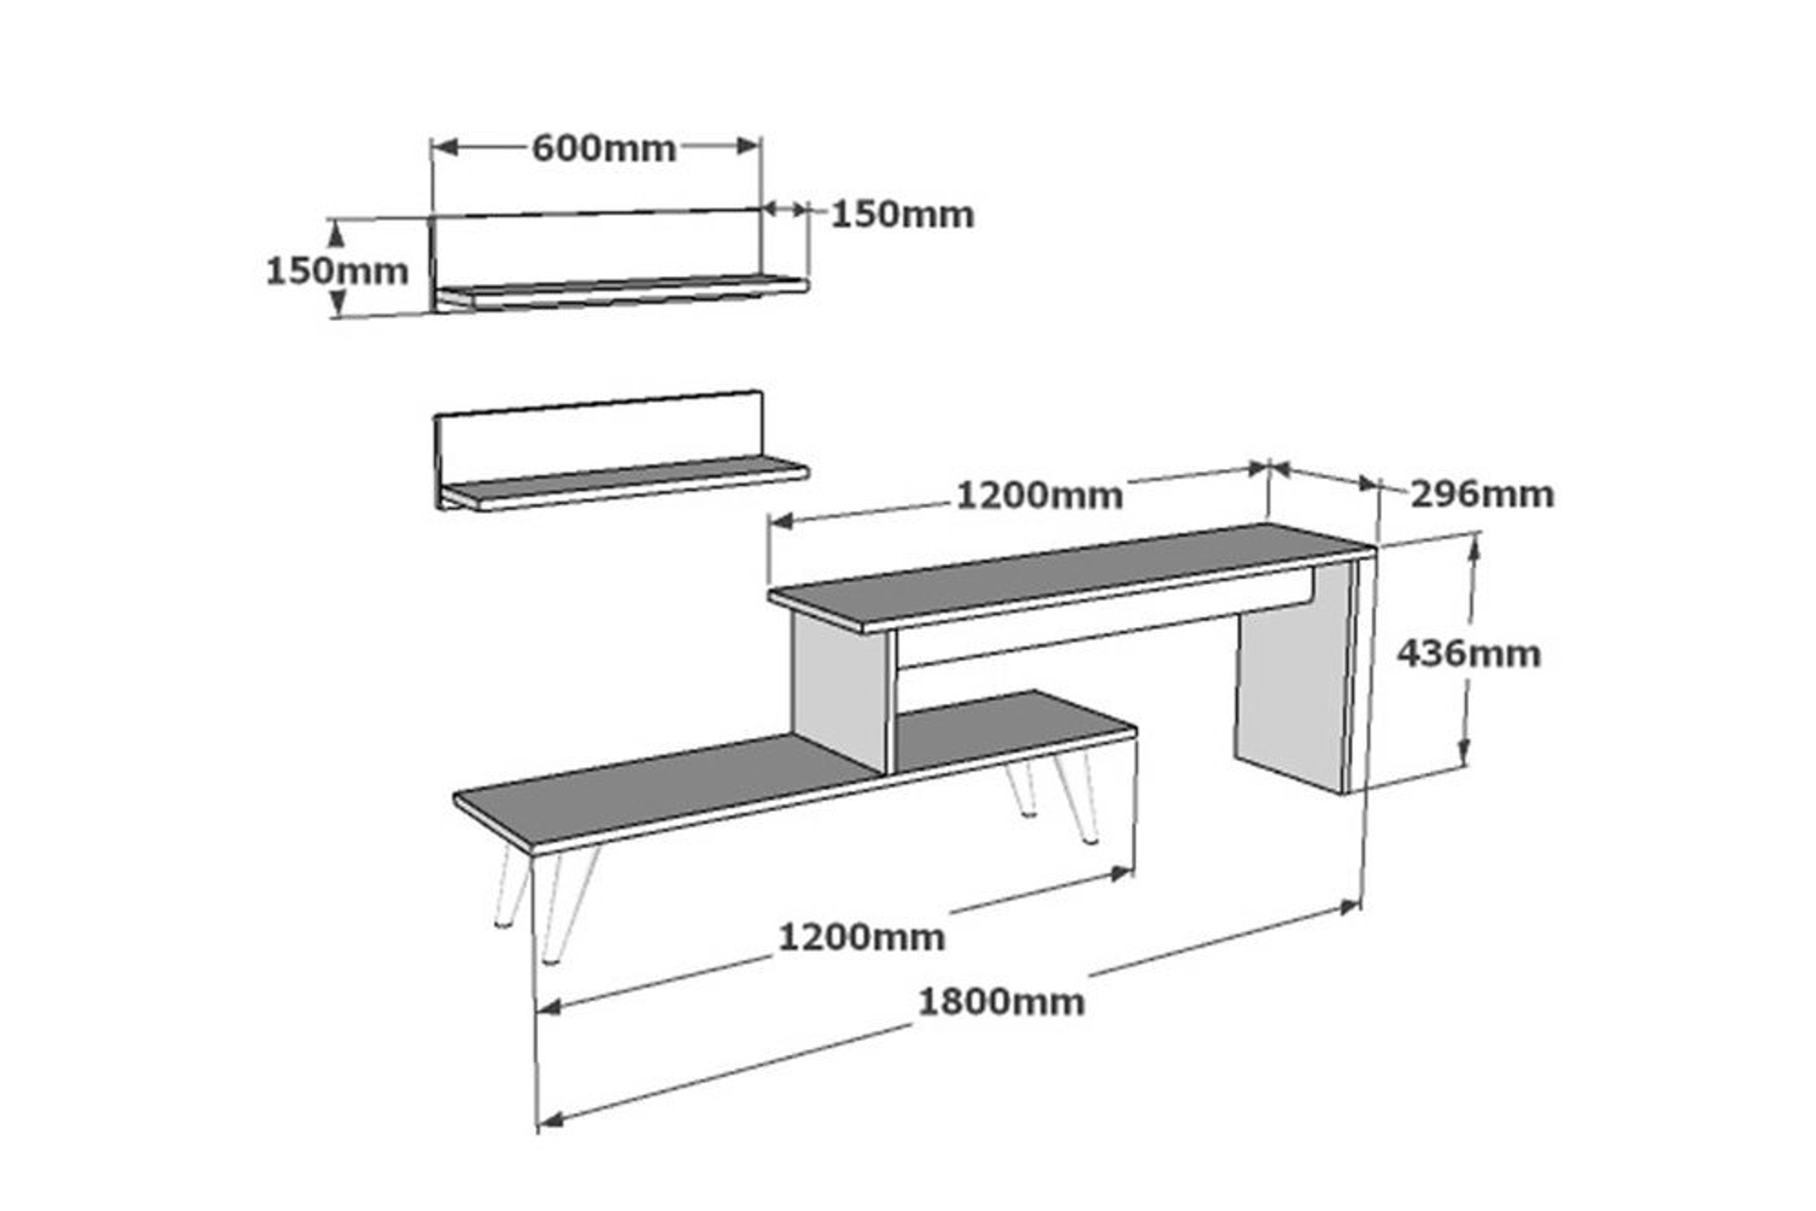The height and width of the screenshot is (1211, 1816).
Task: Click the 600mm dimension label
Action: [x=603, y=149]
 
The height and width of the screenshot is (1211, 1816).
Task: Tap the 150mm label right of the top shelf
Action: [x=902, y=215]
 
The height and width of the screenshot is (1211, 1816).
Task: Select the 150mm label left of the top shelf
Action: [x=337, y=272]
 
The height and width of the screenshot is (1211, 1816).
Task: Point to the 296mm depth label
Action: [x=1482, y=494]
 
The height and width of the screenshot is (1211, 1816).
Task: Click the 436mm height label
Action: [x=1469, y=654]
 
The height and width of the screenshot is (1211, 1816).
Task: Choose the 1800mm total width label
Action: [x=1002, y=1002]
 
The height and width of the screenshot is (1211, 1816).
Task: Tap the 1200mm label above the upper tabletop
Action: [x=1039, y=495]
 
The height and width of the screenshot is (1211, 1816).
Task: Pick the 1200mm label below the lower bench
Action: [x=861, y=938]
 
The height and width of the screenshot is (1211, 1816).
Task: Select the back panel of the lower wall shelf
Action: [x=600, y=435]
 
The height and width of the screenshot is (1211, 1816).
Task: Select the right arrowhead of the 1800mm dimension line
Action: [x=1350, y=906]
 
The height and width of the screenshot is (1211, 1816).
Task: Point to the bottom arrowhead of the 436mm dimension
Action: [x=1464, y=752]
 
